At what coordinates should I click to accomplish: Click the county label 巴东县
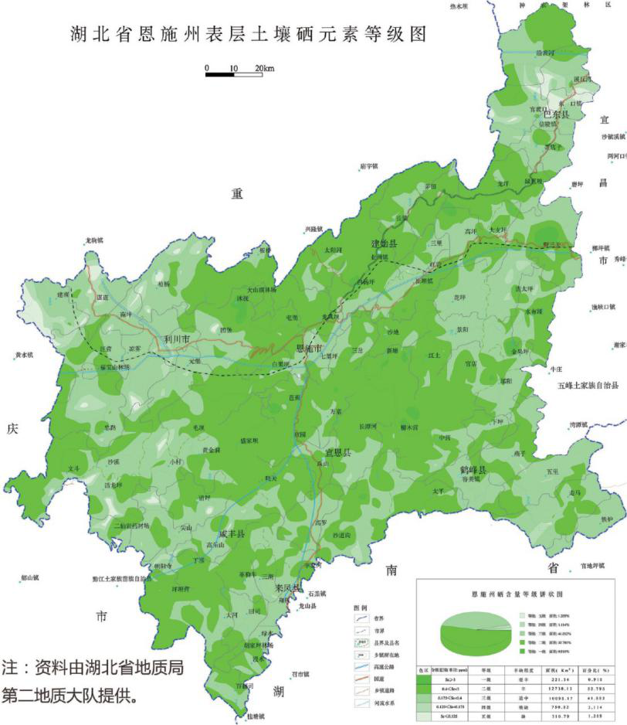coord(554,114)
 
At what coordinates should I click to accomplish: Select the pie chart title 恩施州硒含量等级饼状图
coord(514,595)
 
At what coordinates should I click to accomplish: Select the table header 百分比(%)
coord(594,672)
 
